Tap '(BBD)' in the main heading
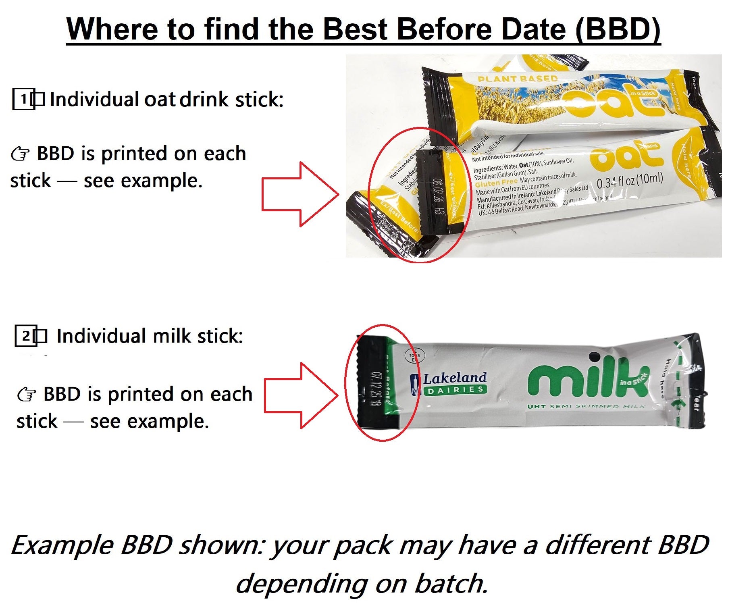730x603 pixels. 618,29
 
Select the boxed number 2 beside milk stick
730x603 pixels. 25,336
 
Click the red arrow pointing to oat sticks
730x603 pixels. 300,194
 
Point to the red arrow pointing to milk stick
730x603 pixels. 301,395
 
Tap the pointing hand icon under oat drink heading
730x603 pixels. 20,154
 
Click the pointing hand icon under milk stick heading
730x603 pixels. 27,395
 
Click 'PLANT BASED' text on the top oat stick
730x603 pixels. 517,79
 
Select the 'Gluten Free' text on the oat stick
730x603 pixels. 496,183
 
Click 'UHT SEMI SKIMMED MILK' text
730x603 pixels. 586,407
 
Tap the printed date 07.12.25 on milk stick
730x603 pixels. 373,389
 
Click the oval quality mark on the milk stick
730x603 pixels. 414,356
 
